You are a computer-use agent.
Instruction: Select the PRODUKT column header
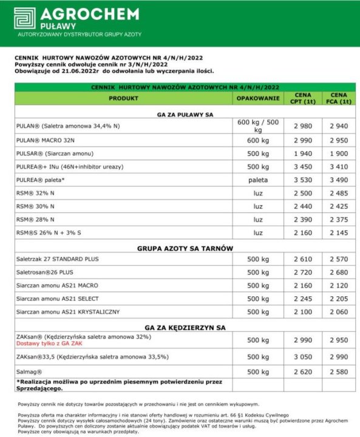(123, 98)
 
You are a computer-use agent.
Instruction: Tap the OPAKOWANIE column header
(257, 98)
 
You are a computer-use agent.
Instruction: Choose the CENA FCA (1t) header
(338, 98)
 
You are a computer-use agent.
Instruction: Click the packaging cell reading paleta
(257, 180)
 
